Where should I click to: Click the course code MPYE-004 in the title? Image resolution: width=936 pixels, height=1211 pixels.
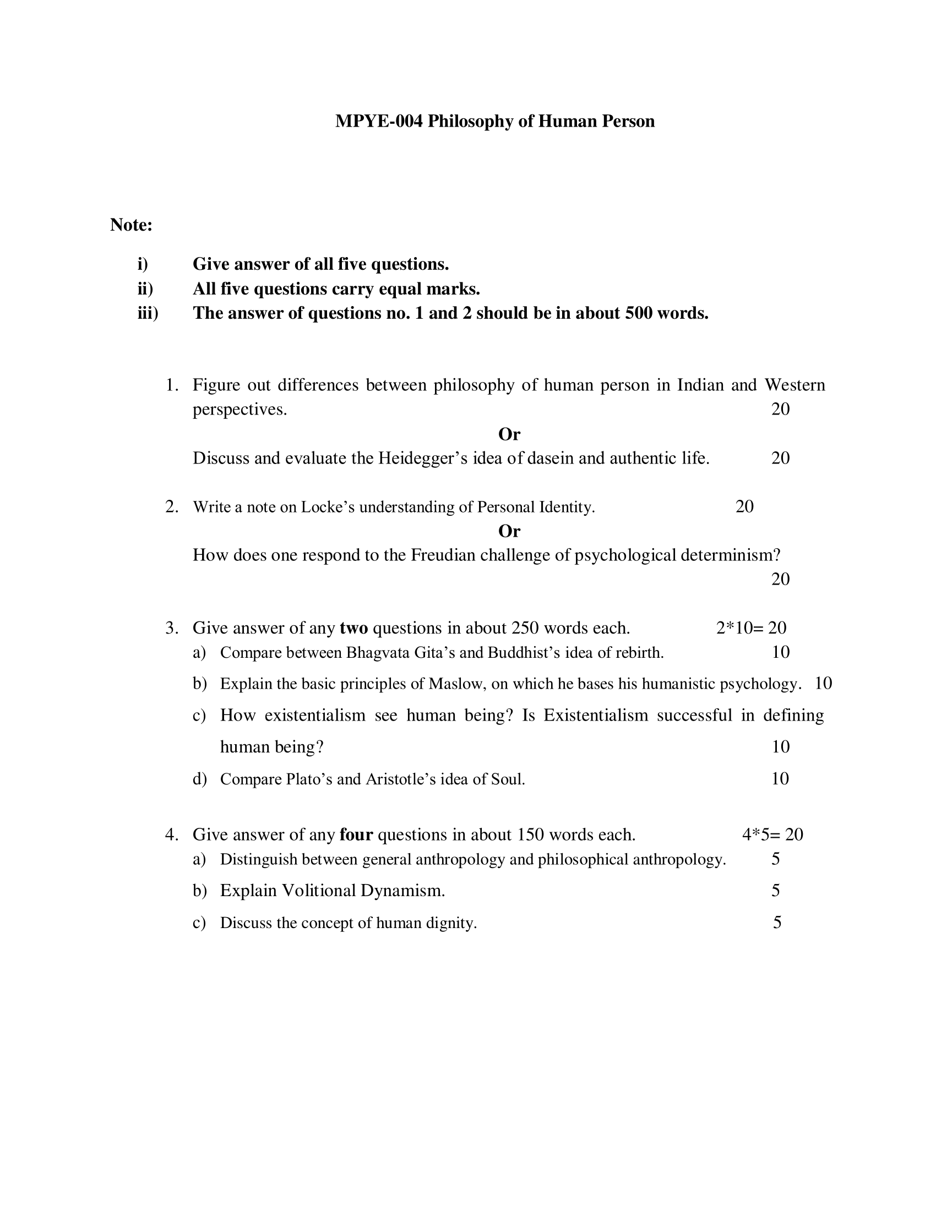click(379, 122)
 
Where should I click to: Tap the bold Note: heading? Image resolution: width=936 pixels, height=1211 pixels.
click(132, 225)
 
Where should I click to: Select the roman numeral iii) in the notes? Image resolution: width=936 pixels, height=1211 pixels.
click(148, 313)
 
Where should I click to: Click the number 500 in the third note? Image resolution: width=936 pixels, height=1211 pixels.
click(638, 313)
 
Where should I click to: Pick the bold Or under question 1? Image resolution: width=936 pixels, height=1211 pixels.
click(509, 434)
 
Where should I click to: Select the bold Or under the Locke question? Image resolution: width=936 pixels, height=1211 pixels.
click(509, 531)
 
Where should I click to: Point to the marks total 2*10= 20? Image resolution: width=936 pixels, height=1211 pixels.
click(751, 628)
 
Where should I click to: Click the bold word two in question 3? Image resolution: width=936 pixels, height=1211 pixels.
click(354, 628)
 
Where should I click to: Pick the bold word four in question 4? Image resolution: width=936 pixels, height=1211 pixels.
click(356, 834)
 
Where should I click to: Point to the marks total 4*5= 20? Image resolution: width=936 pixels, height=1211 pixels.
click(772, 834)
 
